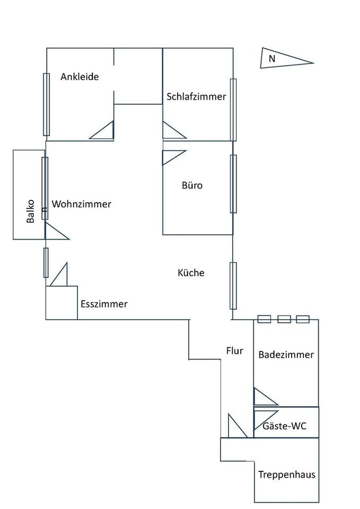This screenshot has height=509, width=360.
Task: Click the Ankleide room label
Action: tap(80, 77)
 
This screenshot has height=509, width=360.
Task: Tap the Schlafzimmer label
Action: tap(196, 96)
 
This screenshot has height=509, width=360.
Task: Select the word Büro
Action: tap(192, 186)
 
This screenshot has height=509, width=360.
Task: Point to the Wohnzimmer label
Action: tap(82, 204)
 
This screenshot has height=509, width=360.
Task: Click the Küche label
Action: tap(191, 273)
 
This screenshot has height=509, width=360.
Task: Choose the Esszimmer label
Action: tap(104, 304)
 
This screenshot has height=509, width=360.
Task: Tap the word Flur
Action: tap(234, 350)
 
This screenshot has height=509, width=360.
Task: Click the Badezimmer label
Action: tap(286, 355)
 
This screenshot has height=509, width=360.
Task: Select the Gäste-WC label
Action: tap(284, 426)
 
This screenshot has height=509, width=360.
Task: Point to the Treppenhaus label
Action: tap(287, 475)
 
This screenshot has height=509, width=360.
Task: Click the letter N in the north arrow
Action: tap(272, 59)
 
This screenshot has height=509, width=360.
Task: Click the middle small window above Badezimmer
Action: tap(284, 319)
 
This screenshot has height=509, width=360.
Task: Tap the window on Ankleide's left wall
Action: tap(46, 104)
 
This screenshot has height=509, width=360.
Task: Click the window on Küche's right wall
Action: tap(233, 285)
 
